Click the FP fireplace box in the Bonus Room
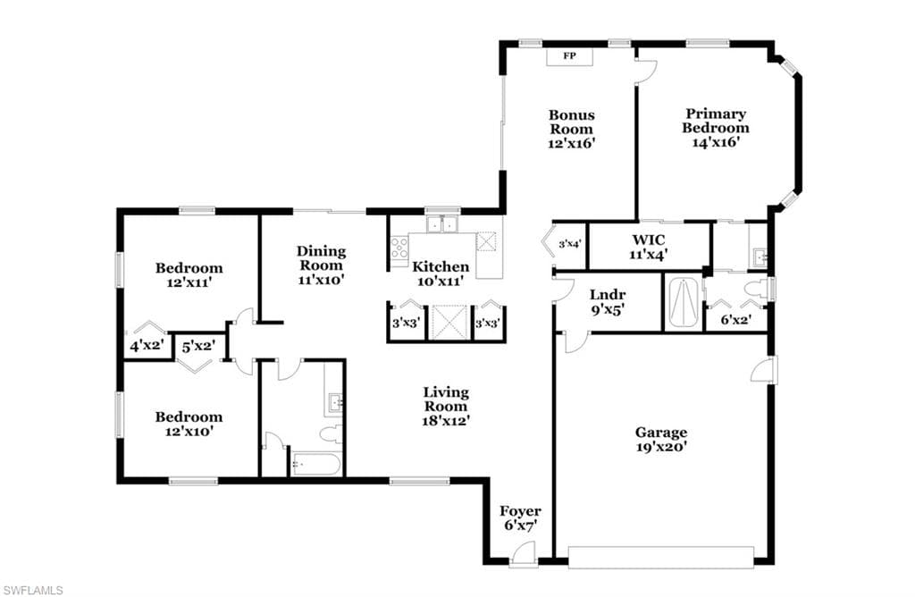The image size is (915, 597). click(569, 56)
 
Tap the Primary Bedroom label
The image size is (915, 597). click(716, 121)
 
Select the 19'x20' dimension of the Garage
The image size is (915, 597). click(661, 447)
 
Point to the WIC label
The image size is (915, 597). click(649, 240)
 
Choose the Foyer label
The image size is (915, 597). click(520, 511)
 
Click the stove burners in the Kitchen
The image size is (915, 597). click(399, 248)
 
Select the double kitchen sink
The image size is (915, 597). click(442, 224)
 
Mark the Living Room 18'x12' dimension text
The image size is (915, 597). click(447, 420)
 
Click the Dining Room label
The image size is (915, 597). click(322, 258)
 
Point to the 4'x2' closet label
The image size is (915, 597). click(146, 346)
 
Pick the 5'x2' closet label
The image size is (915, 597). click(199, 347)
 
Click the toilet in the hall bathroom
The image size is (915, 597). click(332, 433)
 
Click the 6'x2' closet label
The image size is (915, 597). click(736, 320)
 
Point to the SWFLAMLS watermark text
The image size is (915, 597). click(33, 590)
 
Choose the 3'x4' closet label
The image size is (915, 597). click(569, 245)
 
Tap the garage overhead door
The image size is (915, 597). click(661, 558)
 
